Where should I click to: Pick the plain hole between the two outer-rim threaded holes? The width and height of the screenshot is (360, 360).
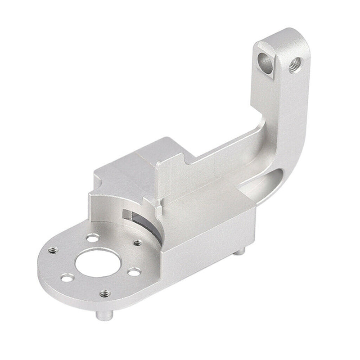pos(67,278)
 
